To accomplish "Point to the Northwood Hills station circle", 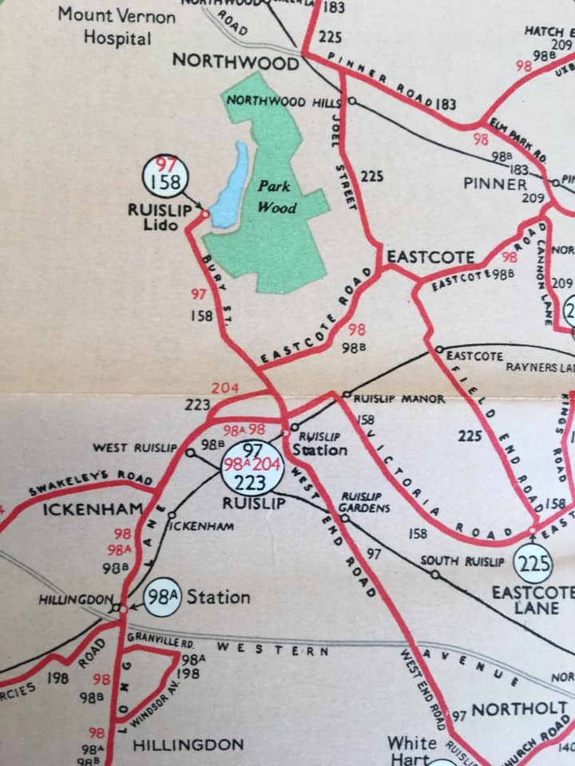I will [x=351, y=102].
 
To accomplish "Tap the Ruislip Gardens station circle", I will [x=345, y=518].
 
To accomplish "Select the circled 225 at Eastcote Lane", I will [x=533, y=564].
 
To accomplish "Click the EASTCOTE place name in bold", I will [x=430, y=257].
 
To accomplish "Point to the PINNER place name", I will [x=495, y=184].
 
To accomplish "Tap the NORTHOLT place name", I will [x=519, y=709].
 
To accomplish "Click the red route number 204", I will [x=225, y=389].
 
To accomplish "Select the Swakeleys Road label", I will [x=90, y=482].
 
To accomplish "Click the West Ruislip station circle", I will [x=190, y=452].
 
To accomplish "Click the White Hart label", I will [x=411, y=750].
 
